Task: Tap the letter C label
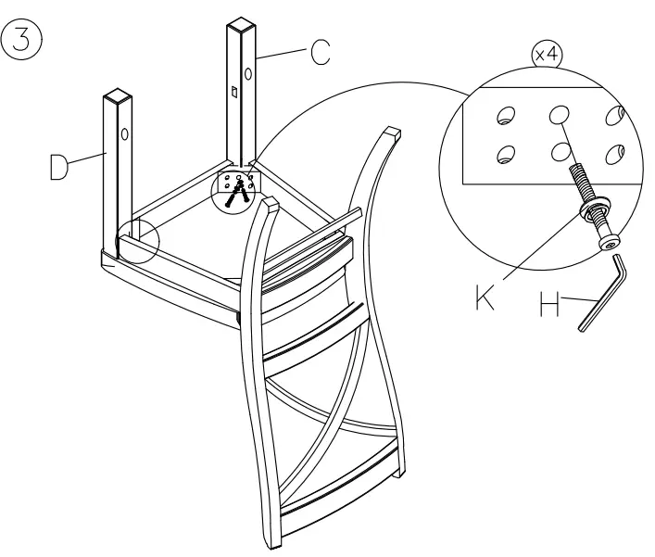[x=319, y=52]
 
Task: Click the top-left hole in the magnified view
[x=505, y=115]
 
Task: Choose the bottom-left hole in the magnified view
[x=506, y=154]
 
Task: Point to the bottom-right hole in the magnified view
[x=612, y=154]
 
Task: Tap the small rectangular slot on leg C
[x=234, y=92]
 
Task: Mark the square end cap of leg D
[x=118, y=95]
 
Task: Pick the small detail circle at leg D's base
[x=137, y=242]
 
